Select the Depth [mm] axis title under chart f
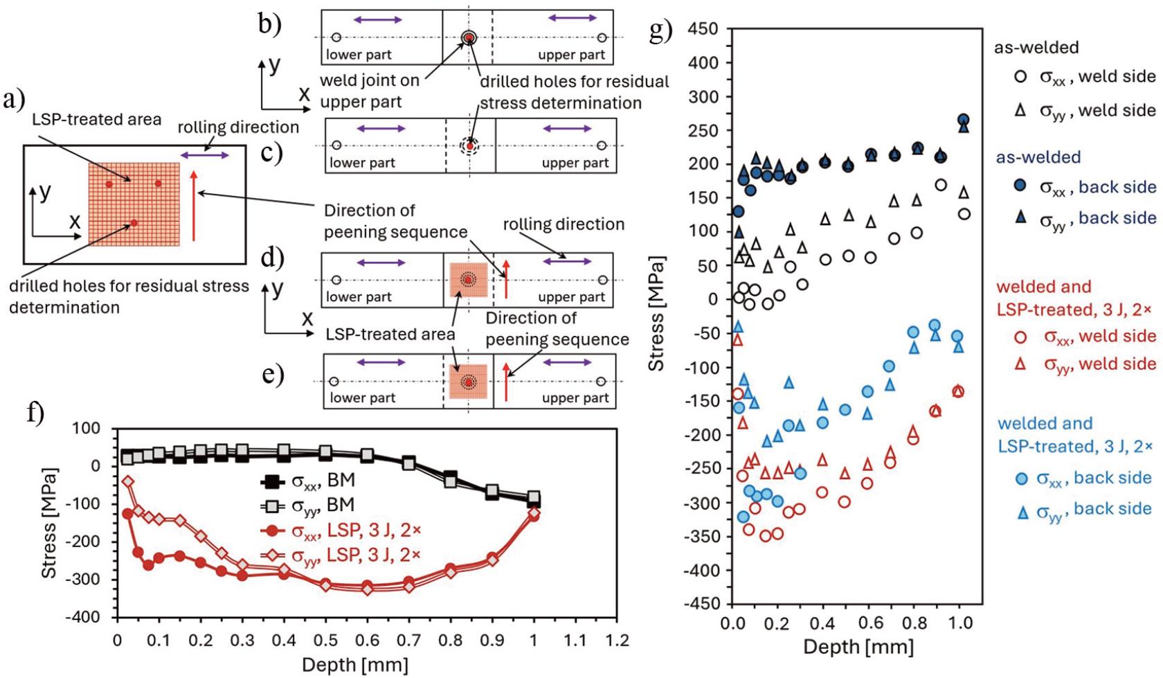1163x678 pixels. [354, 665]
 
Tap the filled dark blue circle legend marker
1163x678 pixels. [1020, 187]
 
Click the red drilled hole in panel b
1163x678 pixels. [469, 37]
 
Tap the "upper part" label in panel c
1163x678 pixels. [575, 163]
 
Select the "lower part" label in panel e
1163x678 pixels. [362, 398]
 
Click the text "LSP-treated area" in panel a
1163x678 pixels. [96, 119]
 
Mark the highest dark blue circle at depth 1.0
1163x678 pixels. [963, 120]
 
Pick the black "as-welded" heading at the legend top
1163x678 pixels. [1036, 48]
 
